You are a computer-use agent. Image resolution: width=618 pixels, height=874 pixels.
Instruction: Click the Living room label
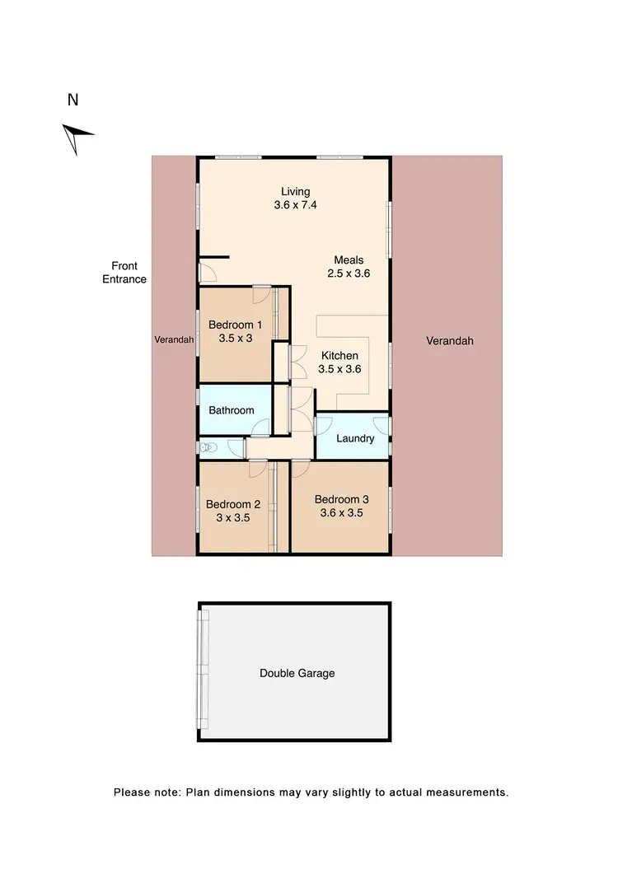point(294,192)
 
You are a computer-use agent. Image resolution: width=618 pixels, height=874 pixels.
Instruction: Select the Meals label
point(349,260)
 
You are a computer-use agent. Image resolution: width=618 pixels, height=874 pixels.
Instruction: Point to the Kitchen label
point(339,356)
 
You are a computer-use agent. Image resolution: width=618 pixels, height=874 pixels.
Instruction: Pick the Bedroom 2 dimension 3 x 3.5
point(232,518)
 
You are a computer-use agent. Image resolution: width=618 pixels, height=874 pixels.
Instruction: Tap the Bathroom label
point(231,410)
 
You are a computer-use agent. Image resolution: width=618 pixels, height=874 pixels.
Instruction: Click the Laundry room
point(355,438)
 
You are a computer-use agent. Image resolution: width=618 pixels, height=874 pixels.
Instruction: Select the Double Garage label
point(297,673)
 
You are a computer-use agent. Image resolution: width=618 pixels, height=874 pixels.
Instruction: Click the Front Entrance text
point(124,273)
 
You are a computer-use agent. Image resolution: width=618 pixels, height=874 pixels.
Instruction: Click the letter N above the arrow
point(73,100)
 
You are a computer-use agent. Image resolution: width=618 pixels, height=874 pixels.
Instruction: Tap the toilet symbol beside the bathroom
point(208,447)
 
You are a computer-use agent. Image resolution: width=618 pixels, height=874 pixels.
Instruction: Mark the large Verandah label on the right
point(450,340)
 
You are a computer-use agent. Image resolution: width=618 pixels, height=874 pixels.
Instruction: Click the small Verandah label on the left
point(174,339)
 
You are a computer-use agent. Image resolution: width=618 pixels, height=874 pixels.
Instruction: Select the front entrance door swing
point(207,271)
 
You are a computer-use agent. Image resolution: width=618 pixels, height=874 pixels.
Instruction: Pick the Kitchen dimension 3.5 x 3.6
point(339,369)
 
